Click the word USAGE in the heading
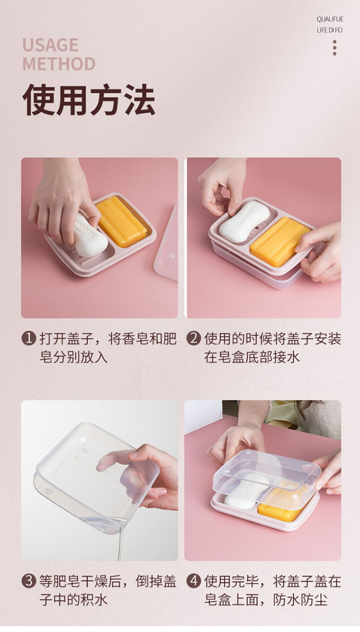pyautogui.click(x=50, y=45)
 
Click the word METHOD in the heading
pyautogui.click(x=59, y=64)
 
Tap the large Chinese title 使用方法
pyautogui.click(x=89, y=99)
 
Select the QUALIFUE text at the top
pyautogui.click(x=330, y=19)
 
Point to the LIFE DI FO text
pyautogui.click(x=329, y=30)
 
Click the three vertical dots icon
pyautogui.click(x=335, y=48)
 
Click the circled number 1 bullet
pyautogui.click(x=29, y=338)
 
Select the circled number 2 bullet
pyautogui.click(x=193, y=338)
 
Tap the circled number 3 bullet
pyautogui.click(x=29, y=581)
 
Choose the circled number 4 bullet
pyautogui.click(x=193, y=581)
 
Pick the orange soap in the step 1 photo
pyautogui.click(x=122, y=221)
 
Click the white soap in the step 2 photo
pyautogui.click(x=244, y=221)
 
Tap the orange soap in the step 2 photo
pyautogui.click(x=279, y=241)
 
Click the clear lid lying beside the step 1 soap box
pyautogui.click(x=167, y=248)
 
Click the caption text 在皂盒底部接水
pyautogui.click(x=252, y=357)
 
